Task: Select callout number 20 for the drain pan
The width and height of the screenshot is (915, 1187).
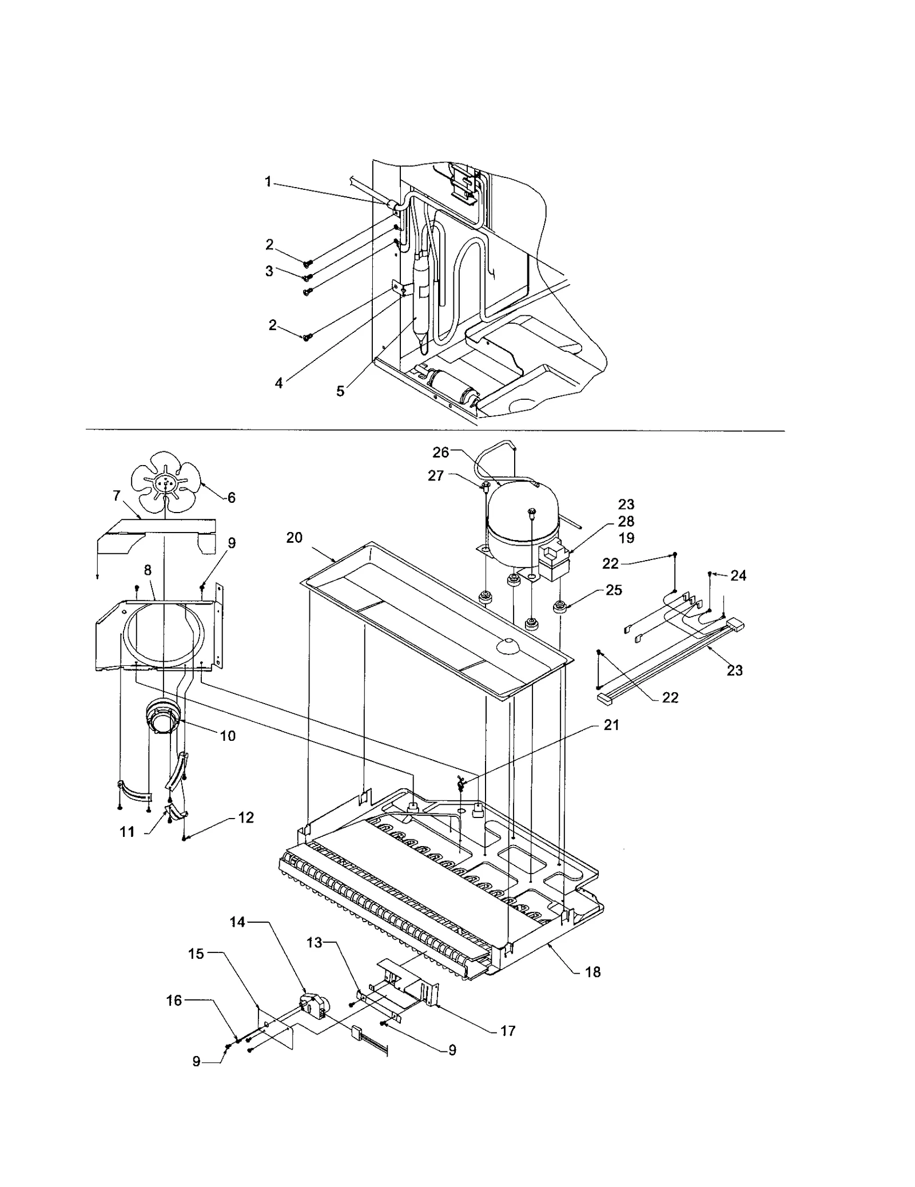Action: coord(295,538)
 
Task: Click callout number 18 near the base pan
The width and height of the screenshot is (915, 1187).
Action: coord(593,972)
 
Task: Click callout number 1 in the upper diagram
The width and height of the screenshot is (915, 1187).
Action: coord(268,182)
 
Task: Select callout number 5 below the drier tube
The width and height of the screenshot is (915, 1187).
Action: coord(340,392)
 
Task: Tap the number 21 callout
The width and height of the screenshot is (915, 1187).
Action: coord(611,725)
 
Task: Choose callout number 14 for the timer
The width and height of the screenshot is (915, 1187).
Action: coord(237,922)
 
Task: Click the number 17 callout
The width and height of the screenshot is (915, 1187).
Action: coord(508,1031)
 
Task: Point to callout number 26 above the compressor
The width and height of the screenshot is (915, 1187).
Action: coord(440,452)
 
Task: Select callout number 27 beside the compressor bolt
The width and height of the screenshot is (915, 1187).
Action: coord(436,475)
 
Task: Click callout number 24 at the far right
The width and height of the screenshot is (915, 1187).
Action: coord(738,575)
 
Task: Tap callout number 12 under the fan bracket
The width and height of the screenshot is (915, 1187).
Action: coord(246,818)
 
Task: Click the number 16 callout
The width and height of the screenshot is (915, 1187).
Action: coord(174,1001)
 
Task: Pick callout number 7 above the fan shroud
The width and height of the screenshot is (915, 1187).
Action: coord(117,496)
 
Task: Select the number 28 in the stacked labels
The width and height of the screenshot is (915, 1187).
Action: coord(626,521)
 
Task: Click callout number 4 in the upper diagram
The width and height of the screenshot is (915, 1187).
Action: coord(279,383)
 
